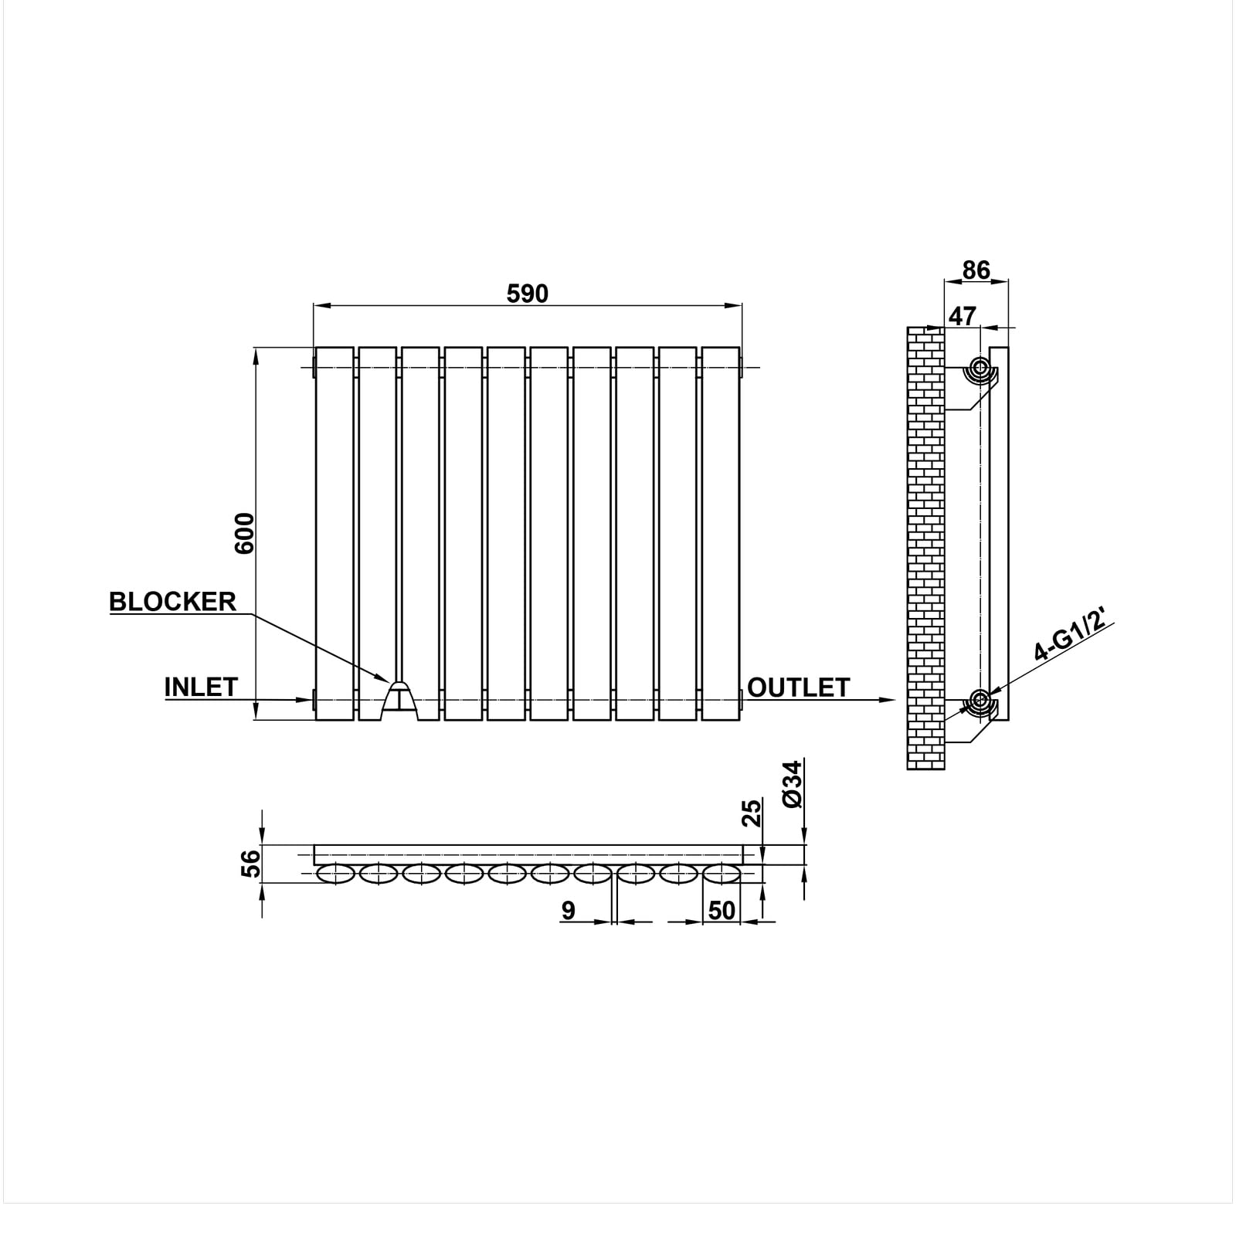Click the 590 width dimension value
(527, 294)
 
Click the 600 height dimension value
(244, 533)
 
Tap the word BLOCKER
(172, 602)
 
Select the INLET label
(201, 687)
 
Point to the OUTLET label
(799, 688)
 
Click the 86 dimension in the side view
(976, 270)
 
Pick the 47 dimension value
(963, 316)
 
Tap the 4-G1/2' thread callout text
(1075, 632)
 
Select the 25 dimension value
(751, 813)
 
